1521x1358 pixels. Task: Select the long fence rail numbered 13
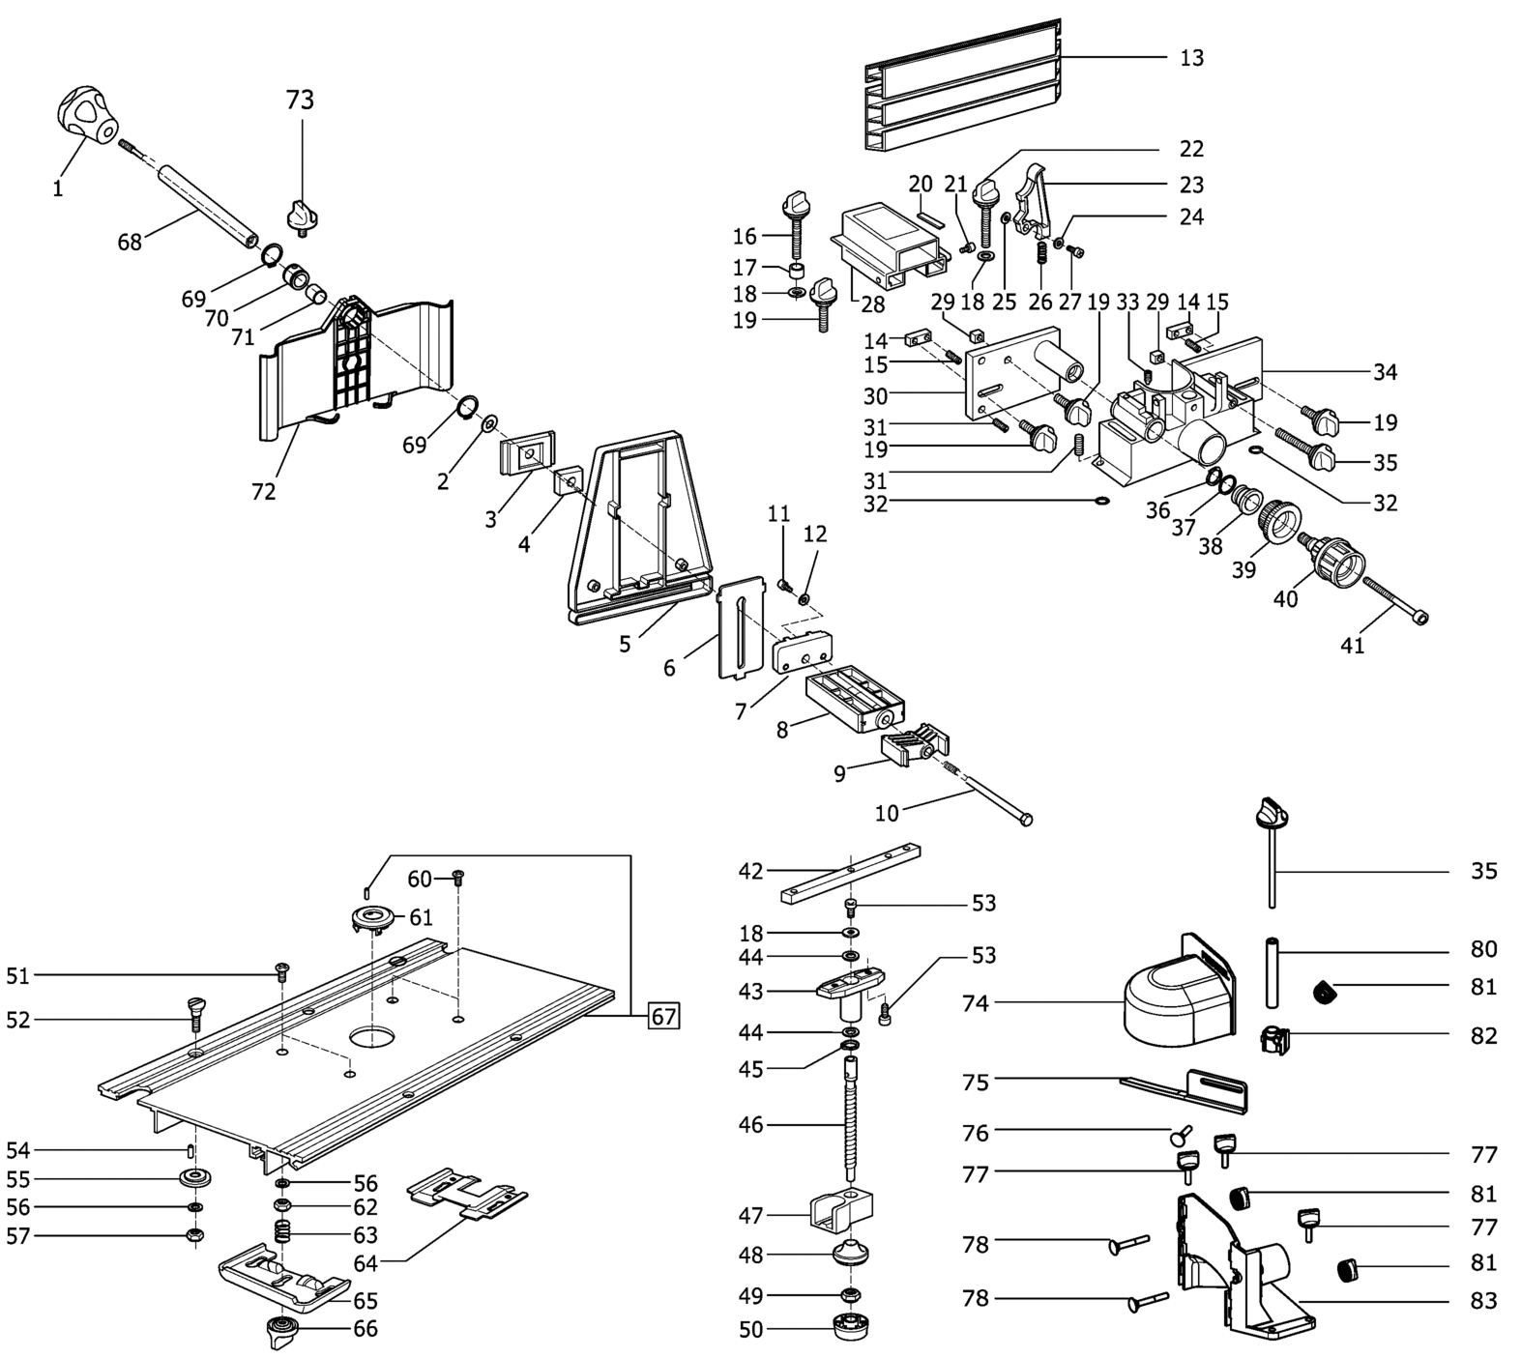coord(963,85)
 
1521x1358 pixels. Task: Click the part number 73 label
coord(300,100)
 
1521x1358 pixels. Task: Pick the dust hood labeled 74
coord(1180,993)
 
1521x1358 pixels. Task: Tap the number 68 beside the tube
coord(130,242)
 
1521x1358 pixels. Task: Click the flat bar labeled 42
coord(849,873)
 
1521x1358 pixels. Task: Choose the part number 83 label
coord(1483,1301)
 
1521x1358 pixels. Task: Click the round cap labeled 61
coord(372,918)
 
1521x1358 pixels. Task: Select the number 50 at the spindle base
coord(750,1330)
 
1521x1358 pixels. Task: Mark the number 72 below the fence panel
coord(264,492)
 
